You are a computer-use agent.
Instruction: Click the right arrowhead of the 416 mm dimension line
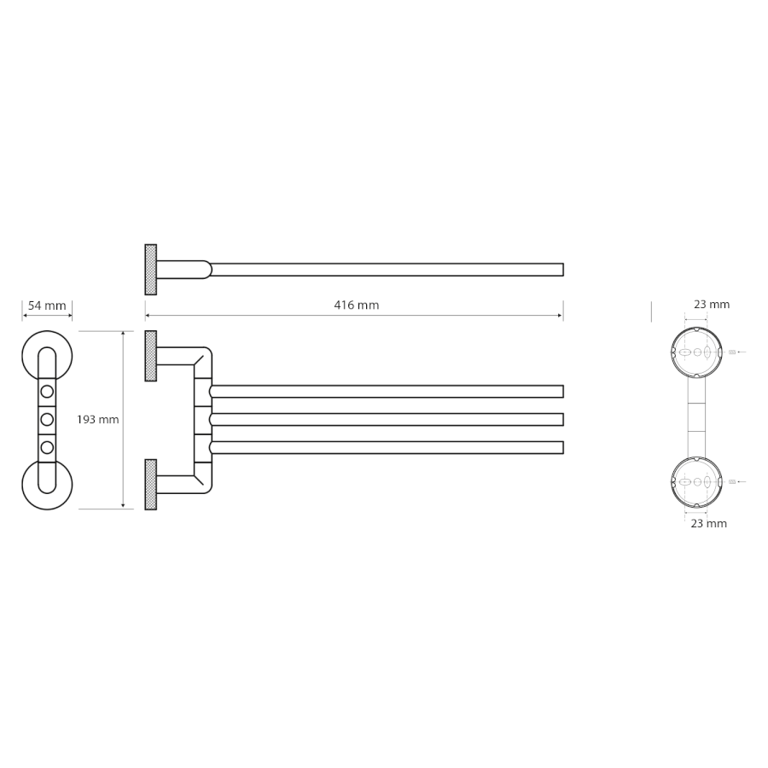tap(561, 316)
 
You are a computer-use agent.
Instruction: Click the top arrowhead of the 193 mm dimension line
tap(123, 334)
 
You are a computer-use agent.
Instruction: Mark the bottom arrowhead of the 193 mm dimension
tap(123, 506)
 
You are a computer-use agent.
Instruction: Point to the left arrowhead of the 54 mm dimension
tap(25, 316)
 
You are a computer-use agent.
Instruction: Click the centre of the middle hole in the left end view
tap(47, 419)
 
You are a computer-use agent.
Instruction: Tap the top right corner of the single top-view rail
tap(563, 264)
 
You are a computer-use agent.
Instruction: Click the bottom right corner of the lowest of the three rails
tap(563, 453)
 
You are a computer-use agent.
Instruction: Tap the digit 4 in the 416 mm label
tap(337, 305)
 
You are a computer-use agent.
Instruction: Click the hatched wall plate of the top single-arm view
tap(151, 270)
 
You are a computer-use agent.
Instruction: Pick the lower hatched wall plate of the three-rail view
tap(151, 485)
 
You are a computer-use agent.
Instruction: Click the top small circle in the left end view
tap(47, 392)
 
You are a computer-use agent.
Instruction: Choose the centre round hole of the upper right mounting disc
tap(697, 352)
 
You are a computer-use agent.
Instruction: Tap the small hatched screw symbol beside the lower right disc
tap(732, 482)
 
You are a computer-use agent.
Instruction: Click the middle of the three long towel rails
tap(387, 419)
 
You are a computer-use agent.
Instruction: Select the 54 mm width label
tap(47, 305)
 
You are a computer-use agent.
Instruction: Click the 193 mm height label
tap(98, 419)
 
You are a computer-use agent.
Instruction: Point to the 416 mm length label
tap(357, 305)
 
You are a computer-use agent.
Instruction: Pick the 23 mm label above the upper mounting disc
tap(712, 304)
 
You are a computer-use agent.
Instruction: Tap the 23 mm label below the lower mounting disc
tap(709, 523)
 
